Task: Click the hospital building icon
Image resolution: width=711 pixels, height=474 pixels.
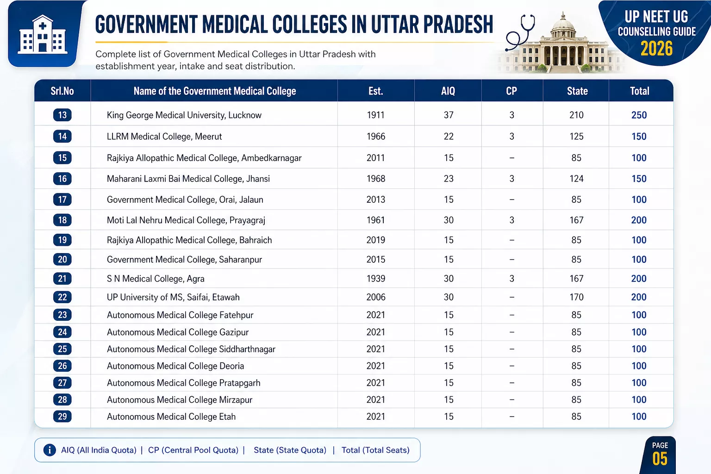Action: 43,35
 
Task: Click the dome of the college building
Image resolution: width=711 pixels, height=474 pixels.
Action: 562,23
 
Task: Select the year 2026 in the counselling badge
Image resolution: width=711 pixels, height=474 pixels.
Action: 656,49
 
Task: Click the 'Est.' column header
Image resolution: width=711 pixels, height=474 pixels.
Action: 375,91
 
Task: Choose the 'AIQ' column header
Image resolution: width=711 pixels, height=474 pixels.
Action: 448,91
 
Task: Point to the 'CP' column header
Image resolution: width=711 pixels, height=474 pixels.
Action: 511,91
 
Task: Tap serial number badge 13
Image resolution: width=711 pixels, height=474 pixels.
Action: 62,115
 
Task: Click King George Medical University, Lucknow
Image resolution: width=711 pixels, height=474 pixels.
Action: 184,115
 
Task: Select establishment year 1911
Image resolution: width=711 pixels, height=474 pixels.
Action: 375,115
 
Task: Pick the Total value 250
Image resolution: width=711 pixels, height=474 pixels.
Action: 639,115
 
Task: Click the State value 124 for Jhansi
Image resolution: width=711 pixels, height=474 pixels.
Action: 576,179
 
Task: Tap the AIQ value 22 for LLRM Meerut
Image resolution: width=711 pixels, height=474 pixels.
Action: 449,137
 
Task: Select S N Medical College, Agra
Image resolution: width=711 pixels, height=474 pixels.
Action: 156,279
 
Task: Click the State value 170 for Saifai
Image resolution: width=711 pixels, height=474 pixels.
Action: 576,297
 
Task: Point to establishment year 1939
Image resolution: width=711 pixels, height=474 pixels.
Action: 375,279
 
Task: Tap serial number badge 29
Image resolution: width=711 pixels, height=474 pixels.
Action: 62,416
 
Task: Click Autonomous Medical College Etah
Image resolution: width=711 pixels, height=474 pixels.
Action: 171,417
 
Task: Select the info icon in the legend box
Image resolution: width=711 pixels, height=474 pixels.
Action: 50,450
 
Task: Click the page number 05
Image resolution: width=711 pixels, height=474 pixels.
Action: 660,459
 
